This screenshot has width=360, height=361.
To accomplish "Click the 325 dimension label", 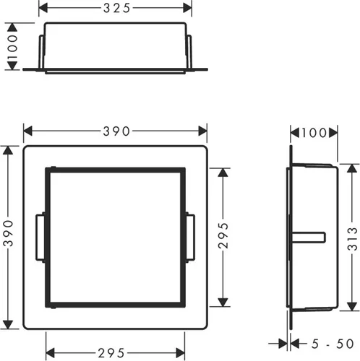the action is (x=117, y=8).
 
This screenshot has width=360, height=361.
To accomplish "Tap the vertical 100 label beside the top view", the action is (x=12, y=47).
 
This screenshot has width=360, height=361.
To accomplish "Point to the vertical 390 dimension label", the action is (x=9, y=233).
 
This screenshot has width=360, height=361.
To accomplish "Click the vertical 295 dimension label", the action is (x=223, y=235).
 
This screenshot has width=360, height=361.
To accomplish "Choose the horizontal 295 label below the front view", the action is (x=111, y=353).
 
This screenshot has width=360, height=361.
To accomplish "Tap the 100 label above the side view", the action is (x=314, y=133).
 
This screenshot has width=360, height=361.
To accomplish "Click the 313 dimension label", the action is (x=352, y=239).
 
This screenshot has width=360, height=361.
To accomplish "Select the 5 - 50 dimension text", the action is (x=333, y=344).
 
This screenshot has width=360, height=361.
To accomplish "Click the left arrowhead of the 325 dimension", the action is (x=43, y=8).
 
